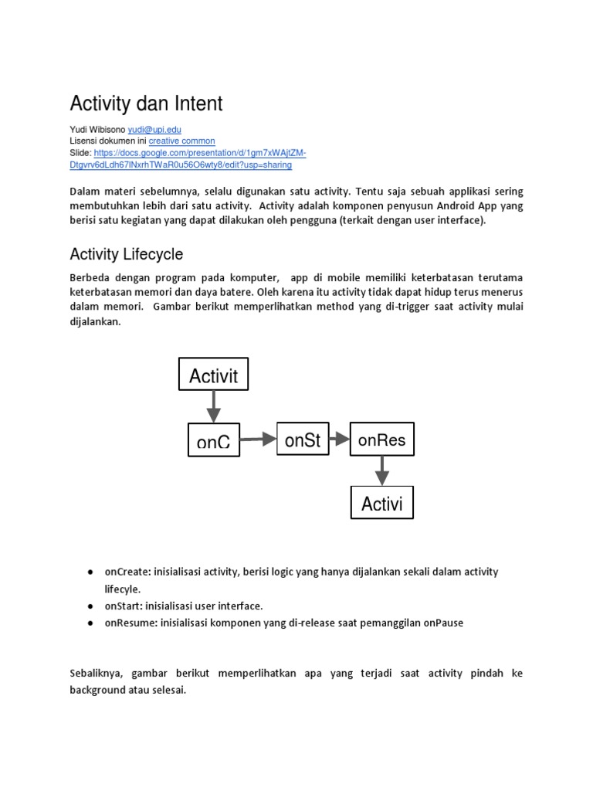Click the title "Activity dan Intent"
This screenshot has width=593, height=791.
point(146,104)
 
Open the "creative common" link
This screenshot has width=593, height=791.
point(181,141)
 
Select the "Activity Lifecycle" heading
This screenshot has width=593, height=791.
point(127,254)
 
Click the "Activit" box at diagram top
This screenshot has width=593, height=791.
point(214,375)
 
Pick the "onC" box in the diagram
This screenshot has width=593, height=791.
point(214,440)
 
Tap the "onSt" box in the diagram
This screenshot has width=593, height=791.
point(302,440)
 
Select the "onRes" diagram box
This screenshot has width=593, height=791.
point(381,440)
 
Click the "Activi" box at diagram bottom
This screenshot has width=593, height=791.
point(382,504)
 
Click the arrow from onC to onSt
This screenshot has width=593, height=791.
point(257,440)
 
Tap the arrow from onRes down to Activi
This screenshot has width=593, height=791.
point(381,470)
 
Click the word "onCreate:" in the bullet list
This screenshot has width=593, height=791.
point(127,572)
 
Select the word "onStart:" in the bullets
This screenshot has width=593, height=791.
point(124,606)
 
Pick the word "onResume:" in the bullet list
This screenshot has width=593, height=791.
point(130,623)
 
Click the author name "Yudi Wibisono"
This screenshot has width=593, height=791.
point(97,130)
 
